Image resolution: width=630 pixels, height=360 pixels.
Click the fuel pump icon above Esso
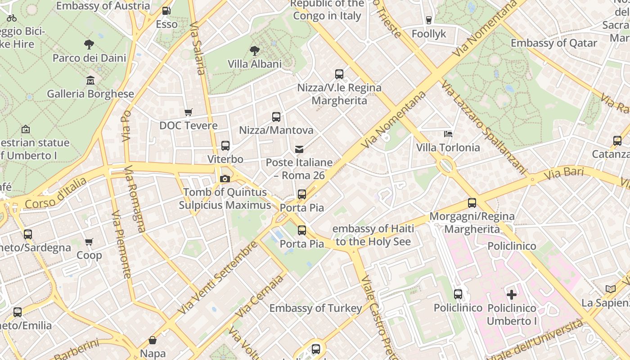tap(166, 10)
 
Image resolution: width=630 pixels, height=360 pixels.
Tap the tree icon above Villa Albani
tap(255, 50)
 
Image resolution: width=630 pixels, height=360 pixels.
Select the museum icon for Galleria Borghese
tap(90, 80)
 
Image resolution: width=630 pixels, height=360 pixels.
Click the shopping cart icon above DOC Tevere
tap(189, 112)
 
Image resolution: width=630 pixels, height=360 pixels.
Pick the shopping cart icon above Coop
tap(89, 242)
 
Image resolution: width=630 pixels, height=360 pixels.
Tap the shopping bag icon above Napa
tap(153, 340)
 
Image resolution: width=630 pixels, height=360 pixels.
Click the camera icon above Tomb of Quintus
tap(225, 179)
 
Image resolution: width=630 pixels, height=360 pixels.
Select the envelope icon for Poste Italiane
tap(299, 149)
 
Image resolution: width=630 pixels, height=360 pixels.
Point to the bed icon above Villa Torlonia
tap(448, 134)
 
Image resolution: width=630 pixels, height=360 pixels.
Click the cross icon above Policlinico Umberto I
tap(512, 295)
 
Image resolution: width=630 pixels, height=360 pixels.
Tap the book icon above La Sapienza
tap(610, 289)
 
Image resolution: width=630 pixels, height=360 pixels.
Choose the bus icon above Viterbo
tap(225, 146)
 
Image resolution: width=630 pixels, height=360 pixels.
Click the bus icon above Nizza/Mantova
tap(276, 117)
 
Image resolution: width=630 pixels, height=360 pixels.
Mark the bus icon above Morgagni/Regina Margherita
tap(472, 203)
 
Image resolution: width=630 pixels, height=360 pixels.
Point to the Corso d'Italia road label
tap(56, 193)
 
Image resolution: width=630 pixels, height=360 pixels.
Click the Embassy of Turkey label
tap(315, 308)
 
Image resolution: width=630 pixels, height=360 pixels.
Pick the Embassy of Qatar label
tap(553, 43)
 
